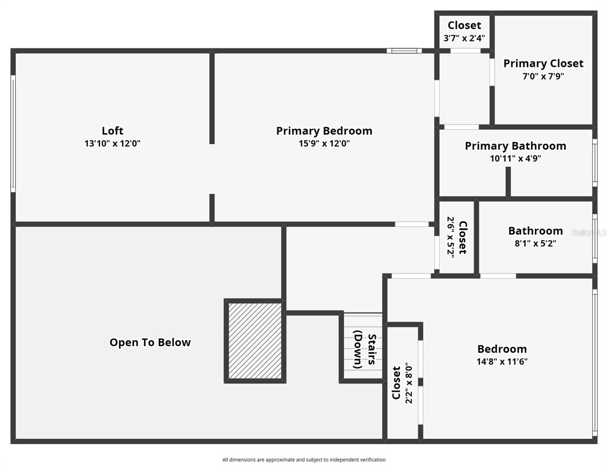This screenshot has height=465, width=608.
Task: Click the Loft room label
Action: tap(112, 131)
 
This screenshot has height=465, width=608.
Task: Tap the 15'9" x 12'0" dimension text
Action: tap(324, 143)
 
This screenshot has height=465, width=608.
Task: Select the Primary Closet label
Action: tap(543, 64)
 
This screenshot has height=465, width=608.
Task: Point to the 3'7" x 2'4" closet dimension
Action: tap(464, 38)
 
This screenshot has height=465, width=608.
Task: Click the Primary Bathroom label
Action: tap(515, 146)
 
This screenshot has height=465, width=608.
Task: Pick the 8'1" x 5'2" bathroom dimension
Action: tap(535, 243)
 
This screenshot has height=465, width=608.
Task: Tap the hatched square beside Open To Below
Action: tap(255, 341)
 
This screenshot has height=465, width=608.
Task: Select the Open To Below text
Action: tap(150, 343)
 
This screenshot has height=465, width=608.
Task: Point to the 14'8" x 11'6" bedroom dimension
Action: tap(502, 362)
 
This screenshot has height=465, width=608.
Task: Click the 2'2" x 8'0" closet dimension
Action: tap(409, 383)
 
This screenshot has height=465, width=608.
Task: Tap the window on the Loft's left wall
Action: tap(13, 133)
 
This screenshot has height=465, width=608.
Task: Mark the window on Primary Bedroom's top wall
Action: tap(404, 51)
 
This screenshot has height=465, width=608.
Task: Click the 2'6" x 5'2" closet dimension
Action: tap(450, 237)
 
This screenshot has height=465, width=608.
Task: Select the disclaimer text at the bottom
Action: tap(304, 460)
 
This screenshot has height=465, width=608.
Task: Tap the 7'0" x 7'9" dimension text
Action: tap(543, 76)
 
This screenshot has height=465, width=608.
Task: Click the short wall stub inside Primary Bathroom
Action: tap(508, 181)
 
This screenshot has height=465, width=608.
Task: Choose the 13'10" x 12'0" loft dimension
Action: tap(112, 143)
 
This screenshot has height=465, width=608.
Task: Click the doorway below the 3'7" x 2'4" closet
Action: tap(465, 51)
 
